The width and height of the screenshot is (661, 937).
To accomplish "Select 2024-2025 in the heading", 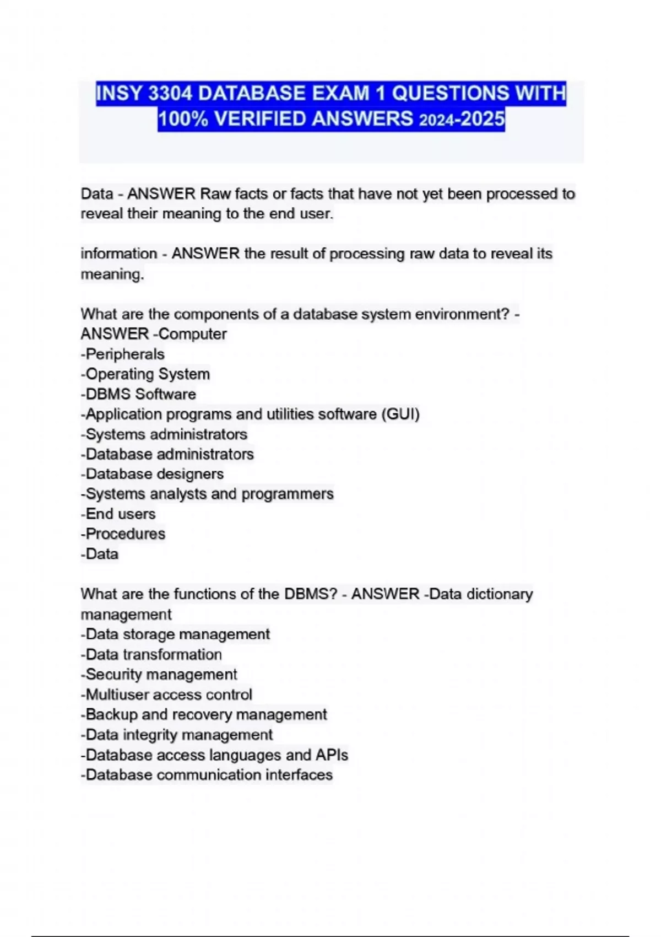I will click(x=462, y=119).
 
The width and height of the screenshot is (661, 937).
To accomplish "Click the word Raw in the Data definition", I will click(x=215, y=194).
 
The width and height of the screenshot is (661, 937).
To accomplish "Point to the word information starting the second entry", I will click(x=119, y=254).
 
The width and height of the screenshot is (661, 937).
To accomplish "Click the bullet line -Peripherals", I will click(x=123, y=354).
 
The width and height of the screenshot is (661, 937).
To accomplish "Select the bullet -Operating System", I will click(x=145, y=374).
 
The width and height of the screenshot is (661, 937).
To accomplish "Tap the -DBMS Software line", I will click(x=138, y=394).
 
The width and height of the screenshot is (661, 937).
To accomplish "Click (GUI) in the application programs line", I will click(x=400, y=414).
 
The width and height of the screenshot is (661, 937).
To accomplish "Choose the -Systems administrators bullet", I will click(x=164, y=434).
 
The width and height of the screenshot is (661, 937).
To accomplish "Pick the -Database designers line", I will click(x=153, y=474).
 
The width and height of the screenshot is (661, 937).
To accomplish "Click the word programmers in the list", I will click(x=288, y=494).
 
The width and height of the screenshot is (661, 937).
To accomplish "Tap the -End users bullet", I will click(x=118, y=514).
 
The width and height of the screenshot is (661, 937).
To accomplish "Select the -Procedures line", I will click(x=123, y=534).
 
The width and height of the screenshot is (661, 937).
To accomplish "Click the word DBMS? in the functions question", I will click(x=311, y=594).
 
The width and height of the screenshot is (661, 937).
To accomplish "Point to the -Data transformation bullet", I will click(x=151, y=654).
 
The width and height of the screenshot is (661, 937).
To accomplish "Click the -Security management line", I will click(x=159, y=674).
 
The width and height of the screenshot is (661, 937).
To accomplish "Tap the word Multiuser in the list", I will click(x=117, y=694).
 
